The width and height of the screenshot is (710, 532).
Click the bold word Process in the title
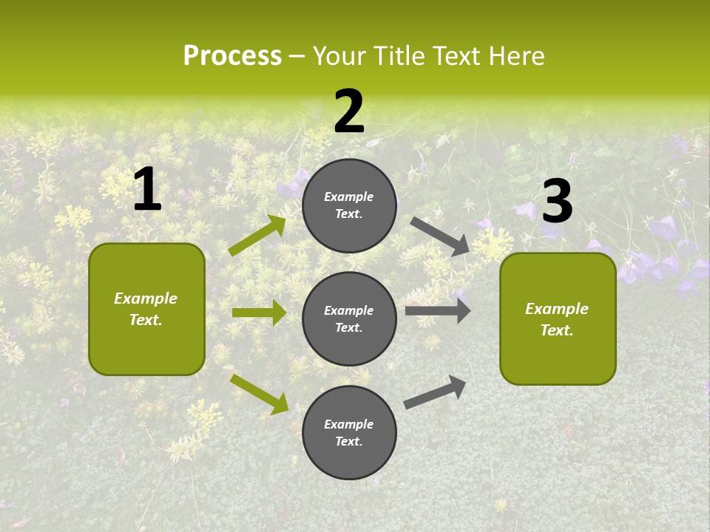(232, 56)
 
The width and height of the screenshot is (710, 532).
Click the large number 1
(147, 190)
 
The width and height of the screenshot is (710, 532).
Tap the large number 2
(349, 112)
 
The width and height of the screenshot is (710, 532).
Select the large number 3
(557, 202)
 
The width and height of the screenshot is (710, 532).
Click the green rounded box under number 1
(146, 309)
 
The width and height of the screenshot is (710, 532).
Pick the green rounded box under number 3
(558, 318)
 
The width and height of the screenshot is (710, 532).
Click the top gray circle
(349, 205)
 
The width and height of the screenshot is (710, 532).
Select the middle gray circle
(349, 318)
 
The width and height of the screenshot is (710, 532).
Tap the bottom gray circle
(349, 432)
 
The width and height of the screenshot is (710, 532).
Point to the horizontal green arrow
(259, 313)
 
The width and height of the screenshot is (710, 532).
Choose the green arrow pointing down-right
(259, 393)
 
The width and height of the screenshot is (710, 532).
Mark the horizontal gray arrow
(438, 310)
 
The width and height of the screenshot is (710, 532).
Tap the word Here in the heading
(516, 56)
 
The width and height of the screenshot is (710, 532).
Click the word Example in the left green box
(146, 299)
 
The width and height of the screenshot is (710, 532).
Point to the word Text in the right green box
(557, 330)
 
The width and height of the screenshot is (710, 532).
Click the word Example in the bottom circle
(349, 424)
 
